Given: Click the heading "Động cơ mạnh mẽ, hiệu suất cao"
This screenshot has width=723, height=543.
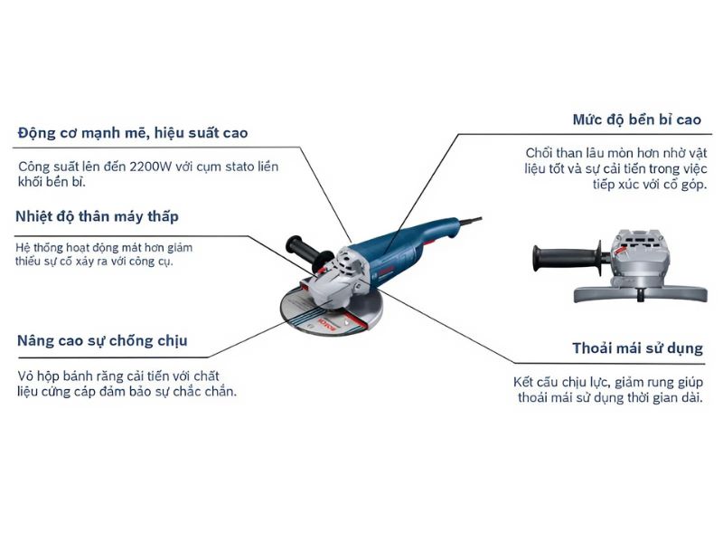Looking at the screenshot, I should [x=132, y=133].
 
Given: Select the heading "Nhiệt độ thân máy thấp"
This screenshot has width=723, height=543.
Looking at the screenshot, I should [x=97, y=216].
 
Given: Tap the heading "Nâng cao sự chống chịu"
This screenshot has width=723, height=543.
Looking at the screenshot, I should [x=102, y=340].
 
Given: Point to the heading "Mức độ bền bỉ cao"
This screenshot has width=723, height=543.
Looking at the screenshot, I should [x=636, y=119].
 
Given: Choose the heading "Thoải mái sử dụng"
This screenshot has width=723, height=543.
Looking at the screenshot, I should [x=637, y=348].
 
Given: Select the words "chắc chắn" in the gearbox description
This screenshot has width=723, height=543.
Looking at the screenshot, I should [x=206, y=391].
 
